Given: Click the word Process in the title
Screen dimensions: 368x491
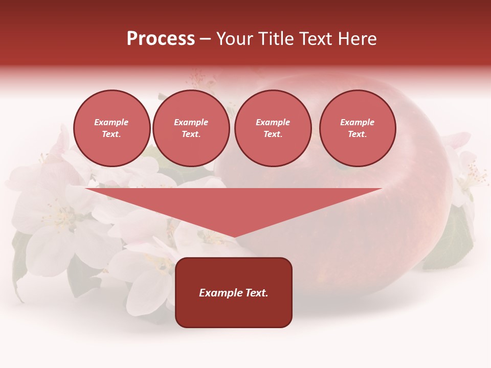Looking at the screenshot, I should coord(161,39).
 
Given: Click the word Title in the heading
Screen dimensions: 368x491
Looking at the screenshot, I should coord(275,39).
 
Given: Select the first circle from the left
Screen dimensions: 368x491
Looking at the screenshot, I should coord(112,128).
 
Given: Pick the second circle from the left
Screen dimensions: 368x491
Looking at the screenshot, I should coord(191,128).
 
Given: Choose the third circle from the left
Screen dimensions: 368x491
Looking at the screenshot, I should coord(273,128).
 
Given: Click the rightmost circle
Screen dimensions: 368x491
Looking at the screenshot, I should coord(358,128).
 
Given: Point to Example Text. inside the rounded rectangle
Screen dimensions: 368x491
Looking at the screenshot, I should coord(234,293).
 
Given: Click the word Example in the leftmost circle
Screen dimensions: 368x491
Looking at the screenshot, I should coord(111,122).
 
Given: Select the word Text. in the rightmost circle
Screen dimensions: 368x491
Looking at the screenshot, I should coord(358,134).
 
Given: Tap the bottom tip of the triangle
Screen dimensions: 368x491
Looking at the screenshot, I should coord(234,236).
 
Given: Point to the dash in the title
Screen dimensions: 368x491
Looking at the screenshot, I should coord(205,39).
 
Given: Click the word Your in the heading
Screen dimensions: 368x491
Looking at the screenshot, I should coord(234,39).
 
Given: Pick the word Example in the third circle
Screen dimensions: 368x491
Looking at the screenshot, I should coord(273,122).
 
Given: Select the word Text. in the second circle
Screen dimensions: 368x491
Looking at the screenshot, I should coord(191,134).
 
